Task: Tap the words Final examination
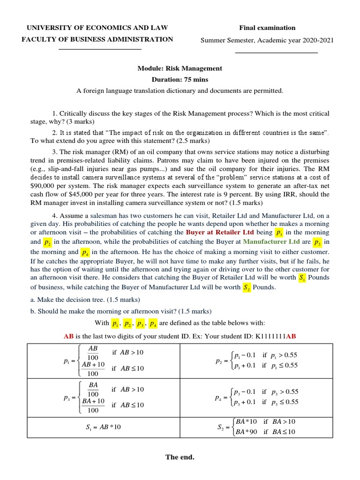pos(267,28)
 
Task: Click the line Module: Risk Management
pos(180,68)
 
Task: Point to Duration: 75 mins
pos(180,80)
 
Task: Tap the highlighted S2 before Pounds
pos(247,288)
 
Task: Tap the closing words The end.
pos(180,457)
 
